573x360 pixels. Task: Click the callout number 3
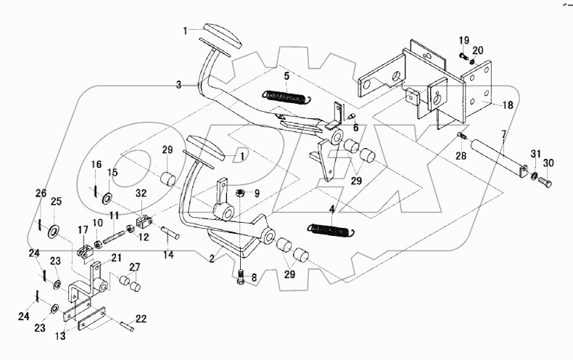(178, 85)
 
